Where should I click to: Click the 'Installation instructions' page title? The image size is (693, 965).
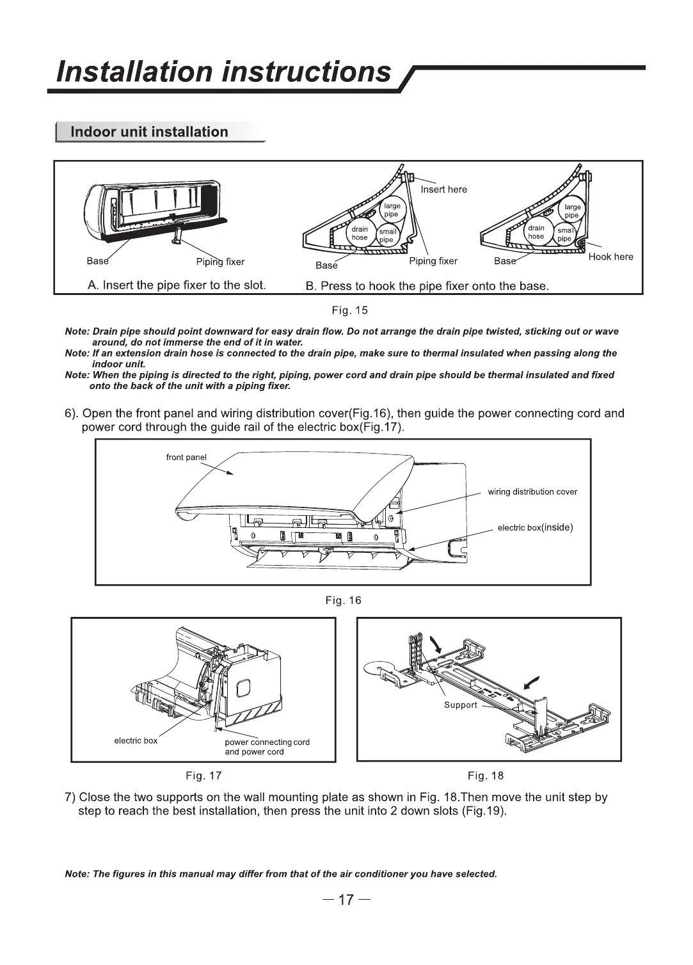pyautogui.click(x=223, y=71)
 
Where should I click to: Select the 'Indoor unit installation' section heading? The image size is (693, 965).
pyautogui.click(x=149, y=132)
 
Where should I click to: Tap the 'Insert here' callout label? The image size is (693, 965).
pyautogui.click(x=443, y=189)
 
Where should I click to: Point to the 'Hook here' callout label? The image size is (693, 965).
pyautogui.click(x=610, y=257)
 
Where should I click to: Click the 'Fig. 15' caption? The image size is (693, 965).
pyautogui.click(x=349, y=311)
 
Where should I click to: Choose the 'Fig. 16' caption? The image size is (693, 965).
pyautogui.click(x=343, y=600)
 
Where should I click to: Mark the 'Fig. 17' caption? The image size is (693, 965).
pyautogui.click(x=203, y=776)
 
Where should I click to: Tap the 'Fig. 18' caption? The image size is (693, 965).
pyautogui.click(x=486, y=776)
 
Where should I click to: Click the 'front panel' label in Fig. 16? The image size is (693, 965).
pyautogui.click(x=186, y=458)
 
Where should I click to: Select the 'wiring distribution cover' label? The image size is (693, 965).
pyautogui.click(x=532, y=492)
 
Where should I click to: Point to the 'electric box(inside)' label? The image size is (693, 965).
pyautogui.click(x=535, y=528)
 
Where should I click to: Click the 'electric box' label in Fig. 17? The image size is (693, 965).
pyautogui.click(x=136, y=740)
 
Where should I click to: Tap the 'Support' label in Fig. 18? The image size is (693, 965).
pyautogui.click(x=461, y=705)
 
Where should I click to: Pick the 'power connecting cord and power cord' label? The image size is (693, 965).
pyautogui.click(x=267, y=747)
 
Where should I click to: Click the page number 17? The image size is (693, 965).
pyautogui.click(x=346, y=900)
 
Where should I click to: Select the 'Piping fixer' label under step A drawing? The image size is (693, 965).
pyautogui.click(x=220, y=262)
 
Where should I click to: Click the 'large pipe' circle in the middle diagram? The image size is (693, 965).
pyautogui.click(x=392, y=210)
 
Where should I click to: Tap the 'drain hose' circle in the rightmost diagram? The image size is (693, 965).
pyautogui.click(x=536, y=232)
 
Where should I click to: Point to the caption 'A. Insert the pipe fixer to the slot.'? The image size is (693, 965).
pyautogui.click(x=177, y=285)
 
